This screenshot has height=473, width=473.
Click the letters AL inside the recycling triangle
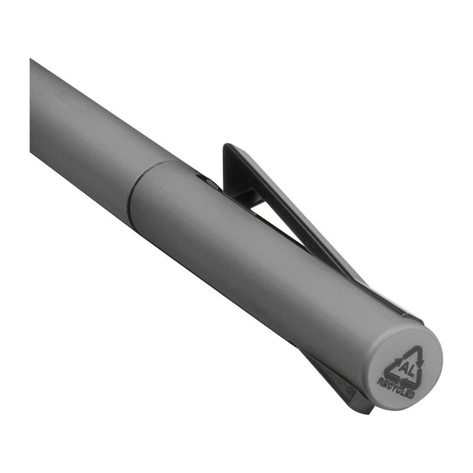coord(407,369)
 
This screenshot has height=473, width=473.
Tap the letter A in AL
coord(404,367)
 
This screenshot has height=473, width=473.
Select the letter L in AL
coord(411,371)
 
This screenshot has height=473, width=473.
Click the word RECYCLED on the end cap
coord(396,388)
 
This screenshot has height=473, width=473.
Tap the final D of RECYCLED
coord(412,395)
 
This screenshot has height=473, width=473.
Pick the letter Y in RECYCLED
coord(393,387)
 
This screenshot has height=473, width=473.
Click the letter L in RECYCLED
coord(403,391)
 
